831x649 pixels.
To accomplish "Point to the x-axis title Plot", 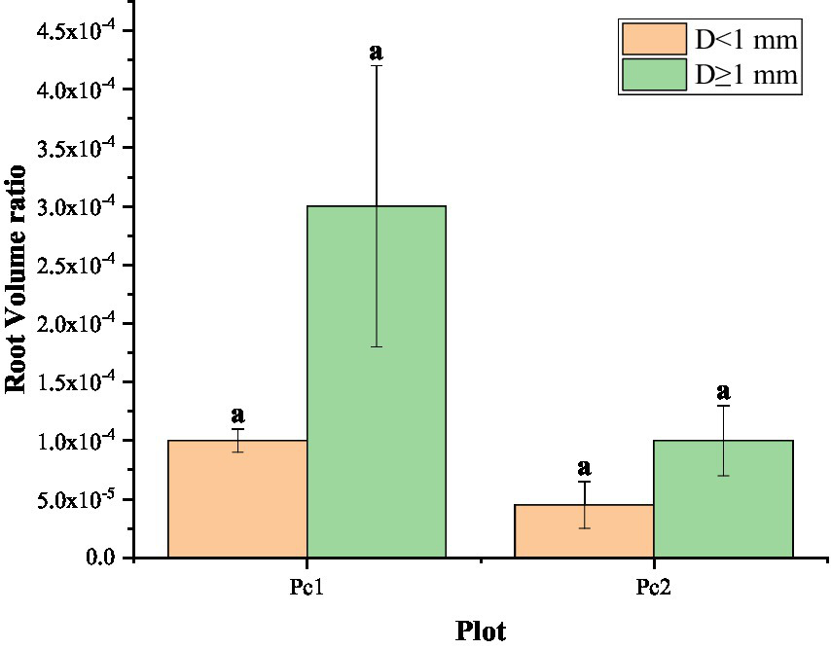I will tap(481, 631).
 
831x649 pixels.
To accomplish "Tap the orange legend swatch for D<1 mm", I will tap(654, 40).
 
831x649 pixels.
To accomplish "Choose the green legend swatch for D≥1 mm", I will tap(654, 75).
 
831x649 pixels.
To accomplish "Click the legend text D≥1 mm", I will tap(746, 75).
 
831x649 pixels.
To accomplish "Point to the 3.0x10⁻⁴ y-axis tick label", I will tap(76, 206).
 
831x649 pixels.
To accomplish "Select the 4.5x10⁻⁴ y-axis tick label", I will tap(76, 31).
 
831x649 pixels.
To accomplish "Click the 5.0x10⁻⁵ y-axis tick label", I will tap(76, 499).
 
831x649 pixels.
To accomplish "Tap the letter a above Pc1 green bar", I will tap(377, 52).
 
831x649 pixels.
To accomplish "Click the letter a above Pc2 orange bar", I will tap(584, 468).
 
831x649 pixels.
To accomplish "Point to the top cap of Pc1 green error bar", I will tap(377, 65).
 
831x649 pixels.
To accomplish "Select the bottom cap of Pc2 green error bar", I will tap(723, 476).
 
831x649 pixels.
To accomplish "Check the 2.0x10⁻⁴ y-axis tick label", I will tap(76, 323).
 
